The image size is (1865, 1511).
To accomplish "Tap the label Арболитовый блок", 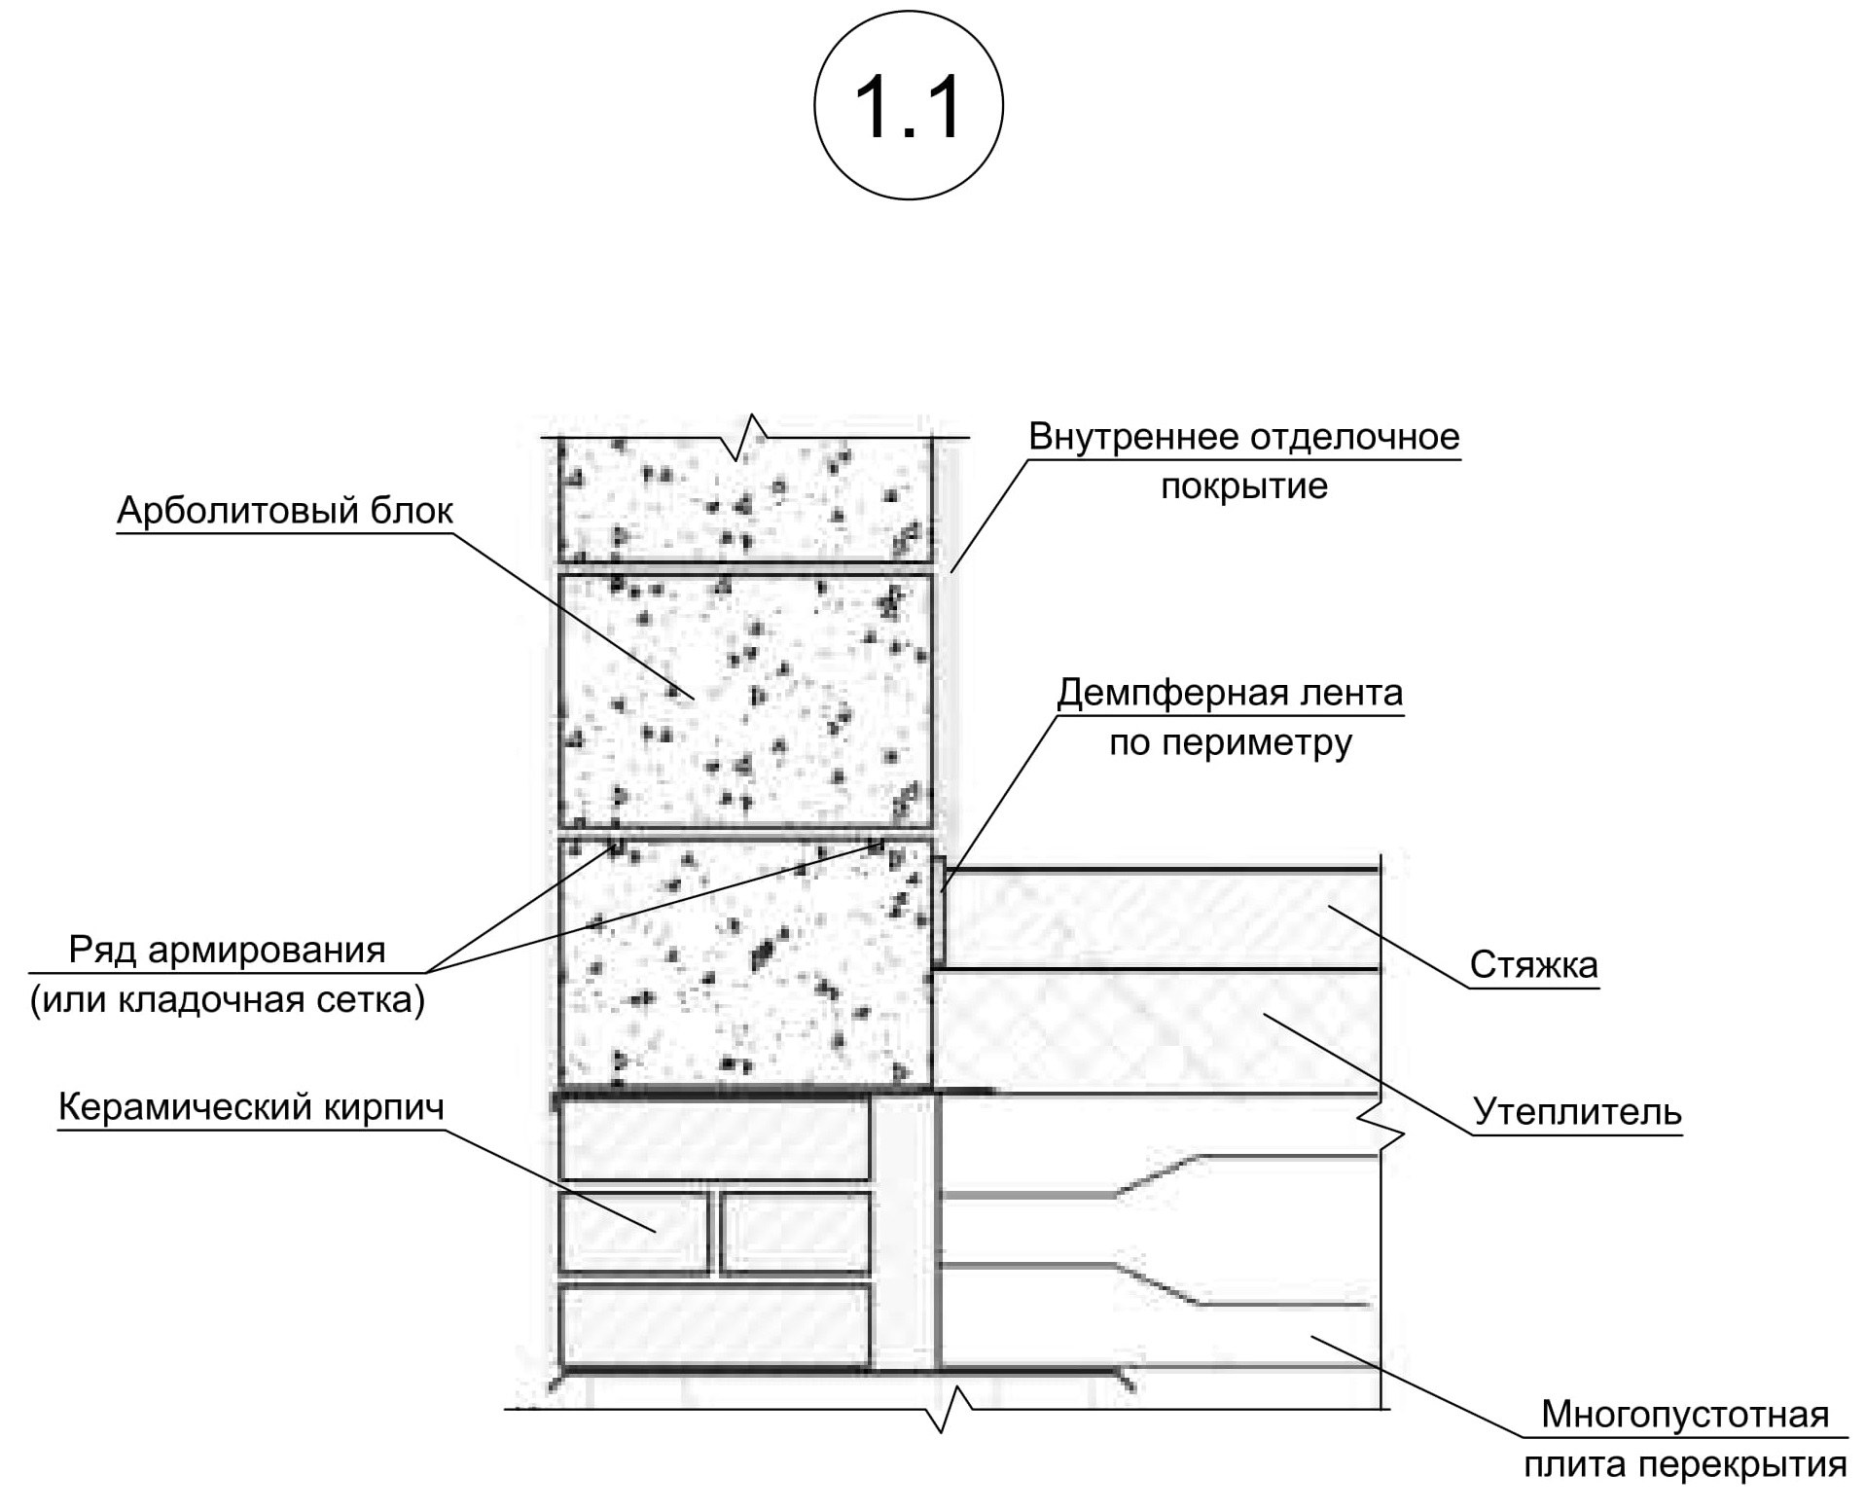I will click(x=285, y=511).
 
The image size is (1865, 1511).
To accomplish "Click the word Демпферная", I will click(x=1153, y=693).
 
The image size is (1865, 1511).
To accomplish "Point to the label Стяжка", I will click(x=1533, y=964).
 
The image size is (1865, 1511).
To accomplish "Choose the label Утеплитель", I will click(x=1577, y=1111).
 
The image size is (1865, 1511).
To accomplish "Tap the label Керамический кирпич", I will click(x=251, y=1107).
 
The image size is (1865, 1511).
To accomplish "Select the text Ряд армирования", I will click(x=227, y=950).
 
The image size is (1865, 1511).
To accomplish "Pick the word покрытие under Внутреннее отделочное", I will click(x=1243, y=486).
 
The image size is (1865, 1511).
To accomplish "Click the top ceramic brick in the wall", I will click(x=714, y=1139).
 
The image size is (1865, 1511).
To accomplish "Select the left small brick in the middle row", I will click(x=633, y=1232).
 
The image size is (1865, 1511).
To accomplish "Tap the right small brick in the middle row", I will click(x=794, y=1232).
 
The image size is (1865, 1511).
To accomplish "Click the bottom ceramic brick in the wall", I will click(x=714, y=1324).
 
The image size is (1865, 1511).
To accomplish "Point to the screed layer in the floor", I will click(x=1158, y=918).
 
